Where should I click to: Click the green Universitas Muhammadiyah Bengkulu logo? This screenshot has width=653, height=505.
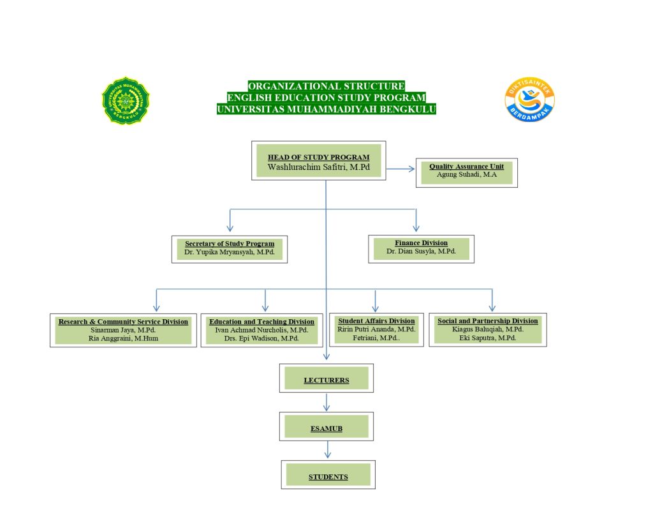(x=126, y=100)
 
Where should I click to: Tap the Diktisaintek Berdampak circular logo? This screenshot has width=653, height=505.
(x=529, y=100)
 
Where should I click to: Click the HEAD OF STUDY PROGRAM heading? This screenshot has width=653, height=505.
(x=318, y=157)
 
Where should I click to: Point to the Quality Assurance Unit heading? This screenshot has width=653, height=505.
(x=466, y=167)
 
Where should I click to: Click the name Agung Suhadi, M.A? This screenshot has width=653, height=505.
(x=466, y=174)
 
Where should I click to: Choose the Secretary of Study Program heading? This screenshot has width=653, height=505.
(x=230, y=243)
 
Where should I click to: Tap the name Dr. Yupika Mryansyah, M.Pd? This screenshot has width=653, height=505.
(x=230, y=252)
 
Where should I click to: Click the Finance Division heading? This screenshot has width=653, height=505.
(x=421, y=243)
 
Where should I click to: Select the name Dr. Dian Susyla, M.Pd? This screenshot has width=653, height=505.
(x=421, y=252)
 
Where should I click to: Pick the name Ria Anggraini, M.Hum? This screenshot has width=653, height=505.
(x=123, y=338)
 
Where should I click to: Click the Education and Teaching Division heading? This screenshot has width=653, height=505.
(x=261, y=322)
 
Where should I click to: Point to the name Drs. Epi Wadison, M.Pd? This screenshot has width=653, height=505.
(x=261, y=338)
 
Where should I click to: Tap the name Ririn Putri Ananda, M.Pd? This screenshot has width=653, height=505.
(x=376, y=329)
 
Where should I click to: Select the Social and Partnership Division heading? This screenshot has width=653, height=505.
(x=488, y=320)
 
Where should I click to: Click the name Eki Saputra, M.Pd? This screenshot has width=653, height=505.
(x=488, y=338)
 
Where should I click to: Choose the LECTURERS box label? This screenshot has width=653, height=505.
(x=326, y=381)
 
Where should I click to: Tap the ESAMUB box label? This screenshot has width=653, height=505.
(x=326, y=428)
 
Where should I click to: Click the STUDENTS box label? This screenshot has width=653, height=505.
(x=328, y=477)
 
